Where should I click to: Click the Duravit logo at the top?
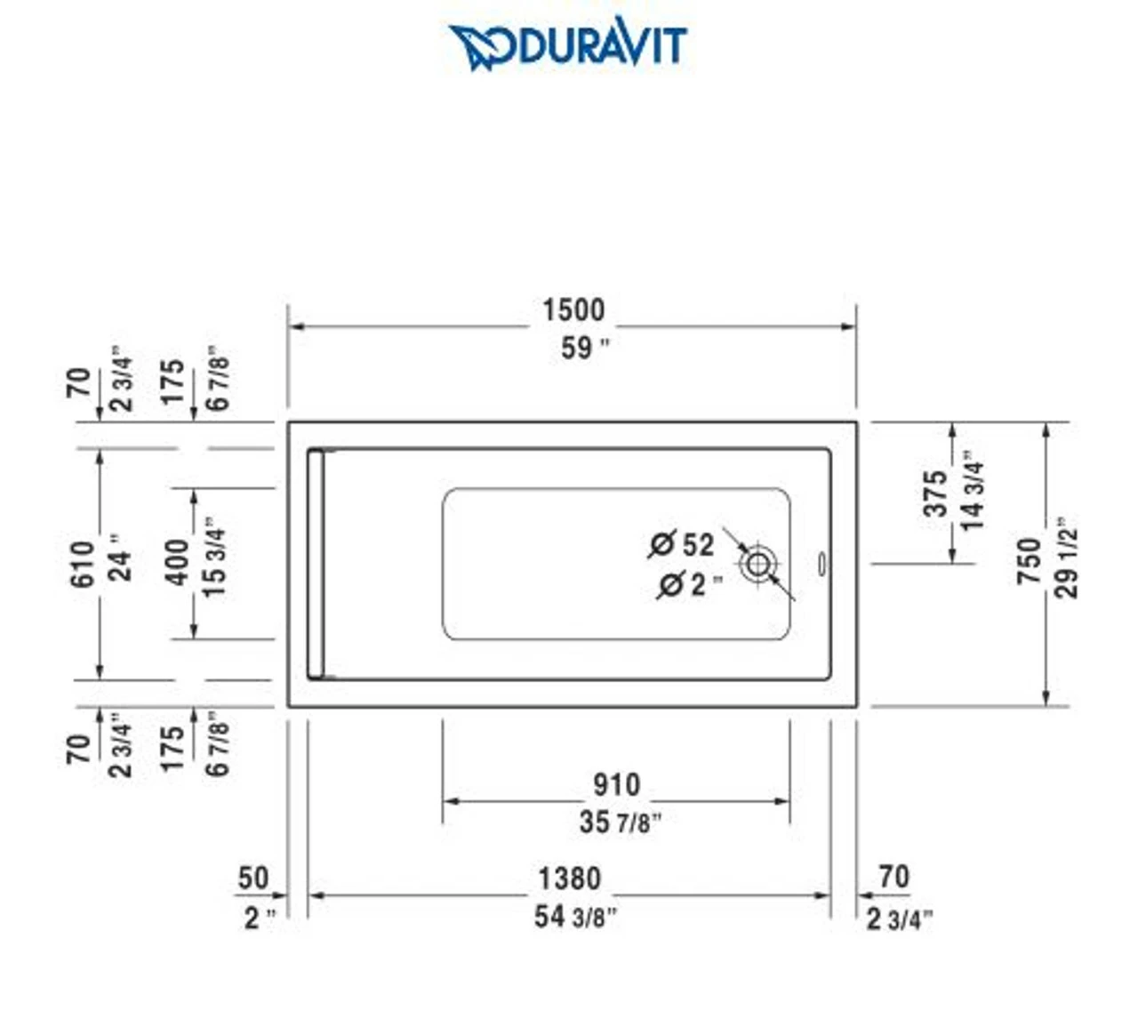(x=568, y=45)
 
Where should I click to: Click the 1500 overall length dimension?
(x=573, y=310)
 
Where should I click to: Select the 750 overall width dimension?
(x=1029, y=560)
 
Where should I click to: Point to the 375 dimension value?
(x=934, y=493)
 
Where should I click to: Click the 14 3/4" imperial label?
(x=973, y=490)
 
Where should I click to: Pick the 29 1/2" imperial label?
(x=1067, y=558)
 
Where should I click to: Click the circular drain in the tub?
(x=757, y=563)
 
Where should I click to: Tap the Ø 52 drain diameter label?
(x=682, y=544)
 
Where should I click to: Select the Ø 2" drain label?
(x=689, y=584)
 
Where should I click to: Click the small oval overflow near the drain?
(x=821, y=564)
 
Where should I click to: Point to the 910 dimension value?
(x=616, y=784)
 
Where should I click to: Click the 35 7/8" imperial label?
(x=620, y=822)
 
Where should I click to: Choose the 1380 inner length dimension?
(x=569, y=879)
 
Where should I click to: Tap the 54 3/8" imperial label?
(x=574, y=916)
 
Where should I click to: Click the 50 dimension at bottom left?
(x=252, y=878)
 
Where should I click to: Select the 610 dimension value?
(x=81, y=564)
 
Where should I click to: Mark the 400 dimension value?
(x=177, y=562)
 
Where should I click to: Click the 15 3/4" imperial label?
(x=214, y=558)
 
